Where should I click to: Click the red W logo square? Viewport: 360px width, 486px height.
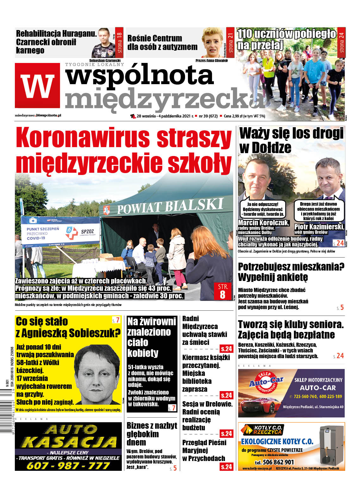[37, 85]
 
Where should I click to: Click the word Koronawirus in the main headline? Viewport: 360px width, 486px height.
[83, 138]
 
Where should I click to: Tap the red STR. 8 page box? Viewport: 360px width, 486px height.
[223, 291]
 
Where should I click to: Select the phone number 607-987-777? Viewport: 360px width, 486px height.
[68, 465]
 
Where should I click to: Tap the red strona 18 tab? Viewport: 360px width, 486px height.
[119, 42]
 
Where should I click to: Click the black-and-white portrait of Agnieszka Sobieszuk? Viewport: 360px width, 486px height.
[97, 375]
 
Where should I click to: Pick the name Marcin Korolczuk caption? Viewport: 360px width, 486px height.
[263, 223]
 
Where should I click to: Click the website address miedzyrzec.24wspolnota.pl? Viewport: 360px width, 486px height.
[38, 115]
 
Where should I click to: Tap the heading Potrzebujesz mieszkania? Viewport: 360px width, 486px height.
[291, 267]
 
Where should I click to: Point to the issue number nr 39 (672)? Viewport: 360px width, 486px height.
[208, 116]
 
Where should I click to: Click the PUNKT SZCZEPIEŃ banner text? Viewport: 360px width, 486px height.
[43, 231]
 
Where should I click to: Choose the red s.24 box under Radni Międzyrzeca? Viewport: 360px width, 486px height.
[227, 349]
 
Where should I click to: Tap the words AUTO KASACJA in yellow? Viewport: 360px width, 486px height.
[68, 436]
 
